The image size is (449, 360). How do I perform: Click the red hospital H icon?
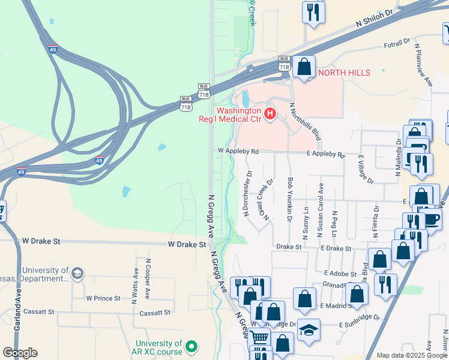tap(270, 113)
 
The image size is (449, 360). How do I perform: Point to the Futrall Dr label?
tap(397, 44)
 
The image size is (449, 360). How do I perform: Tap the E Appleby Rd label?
tap(326, 155)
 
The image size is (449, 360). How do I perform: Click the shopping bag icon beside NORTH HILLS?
tap(304, 67)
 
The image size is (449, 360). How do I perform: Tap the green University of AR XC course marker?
tap(191, 346)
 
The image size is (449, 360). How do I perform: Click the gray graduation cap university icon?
tap(77, 274)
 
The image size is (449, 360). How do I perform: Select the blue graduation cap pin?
tap(309, 331)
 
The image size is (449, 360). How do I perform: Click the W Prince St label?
tap(104, 298)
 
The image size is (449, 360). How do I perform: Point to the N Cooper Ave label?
tap(148, 278)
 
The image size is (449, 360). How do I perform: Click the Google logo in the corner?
tap(20, 353)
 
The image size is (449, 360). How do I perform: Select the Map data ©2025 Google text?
tap(412, 355)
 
